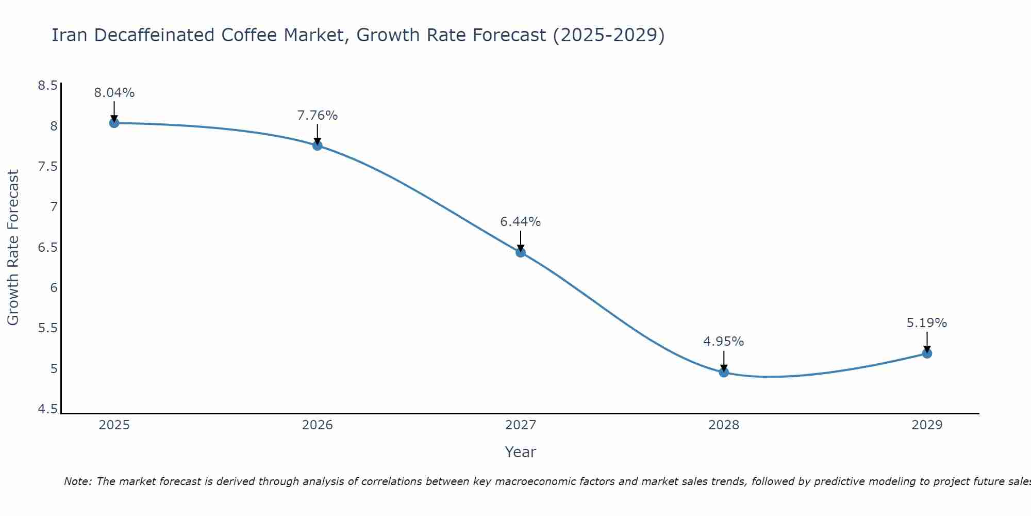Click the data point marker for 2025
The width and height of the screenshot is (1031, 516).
114,123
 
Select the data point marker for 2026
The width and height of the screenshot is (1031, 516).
318,146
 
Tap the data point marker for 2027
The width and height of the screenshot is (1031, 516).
521,252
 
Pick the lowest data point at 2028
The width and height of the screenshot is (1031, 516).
724,372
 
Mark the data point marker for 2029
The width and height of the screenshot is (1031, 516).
927,353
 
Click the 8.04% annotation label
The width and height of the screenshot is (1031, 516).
114,93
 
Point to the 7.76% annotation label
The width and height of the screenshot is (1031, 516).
318,116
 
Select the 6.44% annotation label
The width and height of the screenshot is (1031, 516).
521,222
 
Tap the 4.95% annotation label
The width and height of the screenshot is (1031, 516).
724,342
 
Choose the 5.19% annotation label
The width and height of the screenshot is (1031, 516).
927,323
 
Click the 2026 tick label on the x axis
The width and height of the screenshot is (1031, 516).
318,425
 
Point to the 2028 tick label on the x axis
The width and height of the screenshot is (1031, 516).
724,425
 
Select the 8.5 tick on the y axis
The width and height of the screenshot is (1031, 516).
47,86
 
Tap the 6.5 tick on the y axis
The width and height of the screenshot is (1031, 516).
47,248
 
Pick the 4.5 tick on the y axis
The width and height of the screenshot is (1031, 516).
47,409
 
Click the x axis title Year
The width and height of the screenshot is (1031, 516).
521,452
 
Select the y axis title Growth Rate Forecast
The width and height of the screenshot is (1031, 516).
13,248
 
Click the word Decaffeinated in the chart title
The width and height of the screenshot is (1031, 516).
154,35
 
